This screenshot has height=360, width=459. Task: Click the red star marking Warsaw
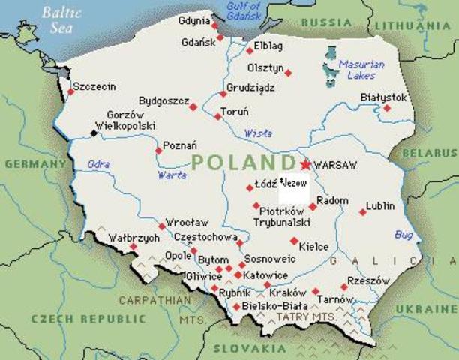point(305,164)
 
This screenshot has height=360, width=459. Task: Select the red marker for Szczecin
point(70,91)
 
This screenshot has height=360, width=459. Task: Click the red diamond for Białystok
point(387,108)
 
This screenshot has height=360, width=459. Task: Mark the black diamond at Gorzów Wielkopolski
point(94,133)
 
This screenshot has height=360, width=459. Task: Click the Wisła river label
point(259,134)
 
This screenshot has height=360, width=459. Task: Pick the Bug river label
point(403,235)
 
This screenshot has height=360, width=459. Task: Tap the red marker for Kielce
point(294,241)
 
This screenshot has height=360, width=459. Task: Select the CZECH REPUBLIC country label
point(72,319)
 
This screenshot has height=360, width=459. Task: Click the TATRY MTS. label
point(304,317)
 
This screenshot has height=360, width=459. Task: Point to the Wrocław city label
point(187,223)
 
